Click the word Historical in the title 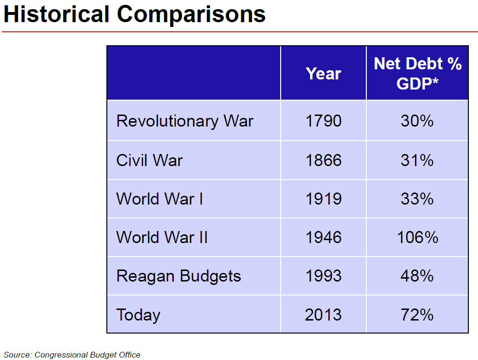tap(57, 14)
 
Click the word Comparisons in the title tap(191, 14)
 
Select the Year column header tap(323, 74)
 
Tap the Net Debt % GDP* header tap(417, 74)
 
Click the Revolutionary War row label tap(184, 121)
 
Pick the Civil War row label tap(149, 160)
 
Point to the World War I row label tap(159, 199)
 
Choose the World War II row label tap(162, 237)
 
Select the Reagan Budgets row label tap(179, 276)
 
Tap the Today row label tap(138, 315)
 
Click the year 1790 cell tap(323, 121)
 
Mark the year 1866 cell tap(323, 160)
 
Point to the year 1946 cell tap(323, 237)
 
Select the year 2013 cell tap(323, 315)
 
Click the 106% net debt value tap(417, 237)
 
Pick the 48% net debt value tap(417, 276)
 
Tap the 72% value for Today tap(417, 315)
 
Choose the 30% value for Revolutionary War tap(417, 121)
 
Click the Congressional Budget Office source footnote tap(72, 355)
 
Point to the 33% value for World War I tap(417, 199)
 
